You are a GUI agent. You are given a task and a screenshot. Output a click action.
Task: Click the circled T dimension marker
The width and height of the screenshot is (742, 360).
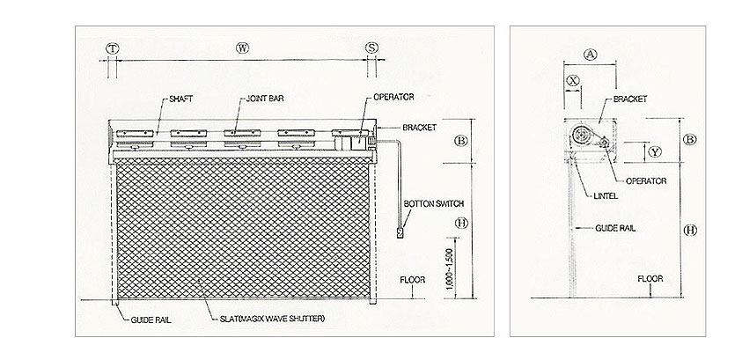(112, 48)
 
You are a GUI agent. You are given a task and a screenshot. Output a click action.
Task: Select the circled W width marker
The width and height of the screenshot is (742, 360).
(242, 48)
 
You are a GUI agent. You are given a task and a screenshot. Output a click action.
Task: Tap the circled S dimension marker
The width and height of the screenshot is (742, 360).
(372, 48)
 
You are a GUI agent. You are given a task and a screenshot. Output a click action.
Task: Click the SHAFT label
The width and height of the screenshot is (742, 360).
(180, 99)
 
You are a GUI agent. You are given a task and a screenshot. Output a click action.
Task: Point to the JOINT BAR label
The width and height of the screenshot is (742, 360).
(265, 99)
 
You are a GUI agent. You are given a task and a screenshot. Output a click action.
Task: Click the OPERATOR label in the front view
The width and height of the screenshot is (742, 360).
(393, 97)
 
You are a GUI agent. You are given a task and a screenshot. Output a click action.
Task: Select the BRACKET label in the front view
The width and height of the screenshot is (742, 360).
(419, 128)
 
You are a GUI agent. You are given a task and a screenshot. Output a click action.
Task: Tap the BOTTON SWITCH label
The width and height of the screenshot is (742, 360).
(433, 204)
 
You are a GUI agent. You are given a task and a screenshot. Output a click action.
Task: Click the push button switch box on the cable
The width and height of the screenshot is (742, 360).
(400, 232)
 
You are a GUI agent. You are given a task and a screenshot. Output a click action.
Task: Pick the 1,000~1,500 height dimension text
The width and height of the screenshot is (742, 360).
(449, 268)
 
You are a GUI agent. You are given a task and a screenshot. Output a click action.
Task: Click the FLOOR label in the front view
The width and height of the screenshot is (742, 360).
(412, 280)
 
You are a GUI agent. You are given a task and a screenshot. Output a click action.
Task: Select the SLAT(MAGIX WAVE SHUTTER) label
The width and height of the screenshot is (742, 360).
(273, 319)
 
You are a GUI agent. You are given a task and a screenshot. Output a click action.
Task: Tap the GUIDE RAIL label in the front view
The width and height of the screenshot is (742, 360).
(151, 320)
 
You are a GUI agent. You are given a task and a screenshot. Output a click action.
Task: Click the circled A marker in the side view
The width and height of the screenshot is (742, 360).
(590, 55)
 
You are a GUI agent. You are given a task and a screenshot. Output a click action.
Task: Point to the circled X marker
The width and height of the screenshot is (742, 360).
(573, 80)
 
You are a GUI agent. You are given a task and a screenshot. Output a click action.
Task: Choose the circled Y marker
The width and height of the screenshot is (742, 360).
(655, 152)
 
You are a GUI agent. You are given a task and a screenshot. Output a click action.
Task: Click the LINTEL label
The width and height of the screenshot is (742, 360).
(606, 196)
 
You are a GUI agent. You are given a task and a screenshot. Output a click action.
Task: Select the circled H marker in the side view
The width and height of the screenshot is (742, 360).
(691, 231)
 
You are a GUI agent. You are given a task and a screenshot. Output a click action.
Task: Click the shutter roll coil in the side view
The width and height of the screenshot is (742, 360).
(580, 136)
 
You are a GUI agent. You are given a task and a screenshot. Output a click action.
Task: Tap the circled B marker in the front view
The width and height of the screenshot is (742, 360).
(461, 141)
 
